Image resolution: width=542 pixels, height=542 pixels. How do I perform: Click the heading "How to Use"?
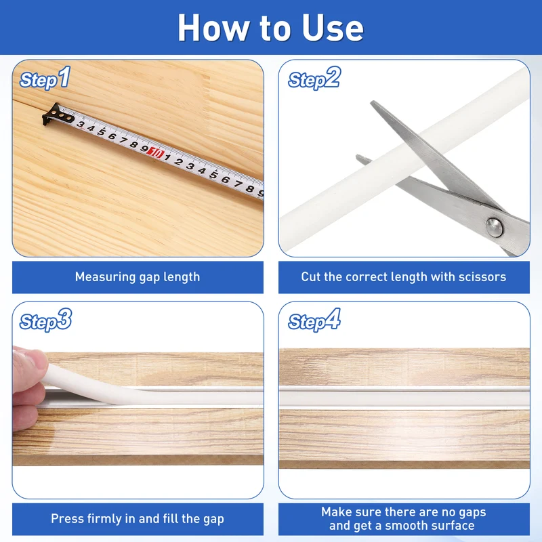(x=270, y=28)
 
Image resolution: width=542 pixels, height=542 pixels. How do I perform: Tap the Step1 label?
(x=45, y=78)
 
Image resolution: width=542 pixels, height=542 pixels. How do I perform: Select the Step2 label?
(x=314, y=78)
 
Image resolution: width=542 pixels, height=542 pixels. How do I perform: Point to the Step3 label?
(x=45, y=320)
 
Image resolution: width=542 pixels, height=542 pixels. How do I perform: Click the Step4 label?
(x=314, y=320)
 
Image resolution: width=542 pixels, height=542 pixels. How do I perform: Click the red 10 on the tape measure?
(x=155, y=152)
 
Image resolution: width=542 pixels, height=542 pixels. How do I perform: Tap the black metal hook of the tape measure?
(x=56, y=114)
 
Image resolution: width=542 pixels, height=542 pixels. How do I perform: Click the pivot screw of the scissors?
(x=495, y=227)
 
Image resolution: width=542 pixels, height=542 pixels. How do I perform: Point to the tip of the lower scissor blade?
(x=358, y=157)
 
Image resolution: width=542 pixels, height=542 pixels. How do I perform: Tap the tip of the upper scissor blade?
(x=373, y=103)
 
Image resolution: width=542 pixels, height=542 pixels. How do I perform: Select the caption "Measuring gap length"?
(x=138, y=277)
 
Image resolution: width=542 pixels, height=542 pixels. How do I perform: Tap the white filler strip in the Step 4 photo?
(x=404, y=398)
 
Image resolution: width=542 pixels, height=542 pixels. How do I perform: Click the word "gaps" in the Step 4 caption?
(x=471, y=513)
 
